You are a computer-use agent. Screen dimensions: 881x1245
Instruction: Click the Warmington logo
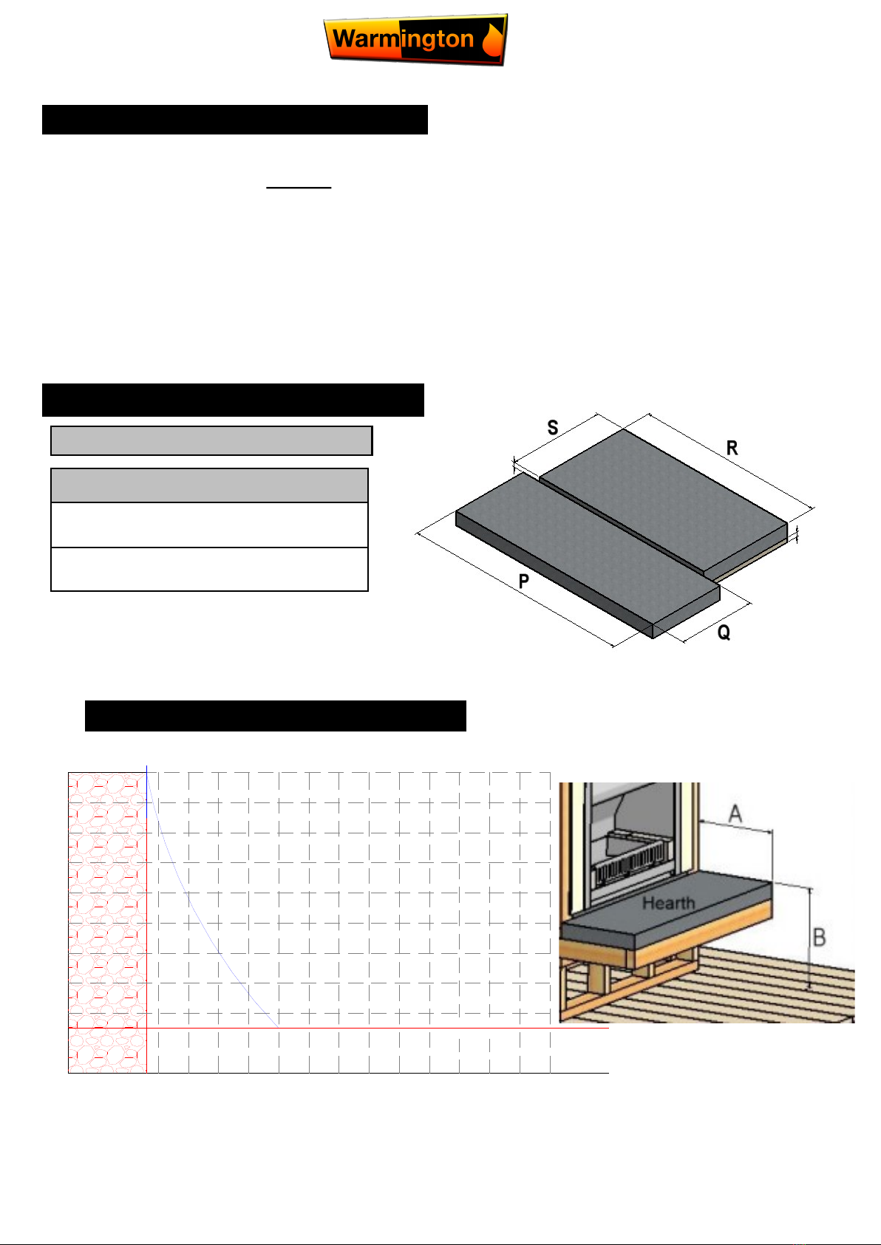(415, 39)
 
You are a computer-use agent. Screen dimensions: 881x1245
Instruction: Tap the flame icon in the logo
(492, 40)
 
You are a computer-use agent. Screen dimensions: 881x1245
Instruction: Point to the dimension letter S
(553, 427)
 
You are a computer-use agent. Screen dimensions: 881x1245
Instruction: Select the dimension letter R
(732, 448)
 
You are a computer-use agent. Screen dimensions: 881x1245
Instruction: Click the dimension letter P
(523, 581)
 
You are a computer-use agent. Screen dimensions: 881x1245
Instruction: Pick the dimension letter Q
(724, 632)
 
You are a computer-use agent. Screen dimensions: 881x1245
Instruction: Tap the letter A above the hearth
(735, 813)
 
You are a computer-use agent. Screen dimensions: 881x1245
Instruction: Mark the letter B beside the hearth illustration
(820, 937)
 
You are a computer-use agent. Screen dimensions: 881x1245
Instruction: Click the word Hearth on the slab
(669, 903)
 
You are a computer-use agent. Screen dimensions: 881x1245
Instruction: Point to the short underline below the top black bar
(299, 188)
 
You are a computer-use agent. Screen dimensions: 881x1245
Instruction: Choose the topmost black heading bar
(234, 120)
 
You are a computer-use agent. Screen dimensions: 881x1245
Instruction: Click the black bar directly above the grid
(275, 716)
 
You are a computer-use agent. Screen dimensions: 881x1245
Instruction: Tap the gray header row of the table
(209, 485)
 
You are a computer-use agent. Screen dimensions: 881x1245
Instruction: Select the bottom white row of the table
(209, 569)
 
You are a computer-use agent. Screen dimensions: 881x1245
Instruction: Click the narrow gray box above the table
(211, 441)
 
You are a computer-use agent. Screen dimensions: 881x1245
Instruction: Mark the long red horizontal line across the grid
(378, 1029)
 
